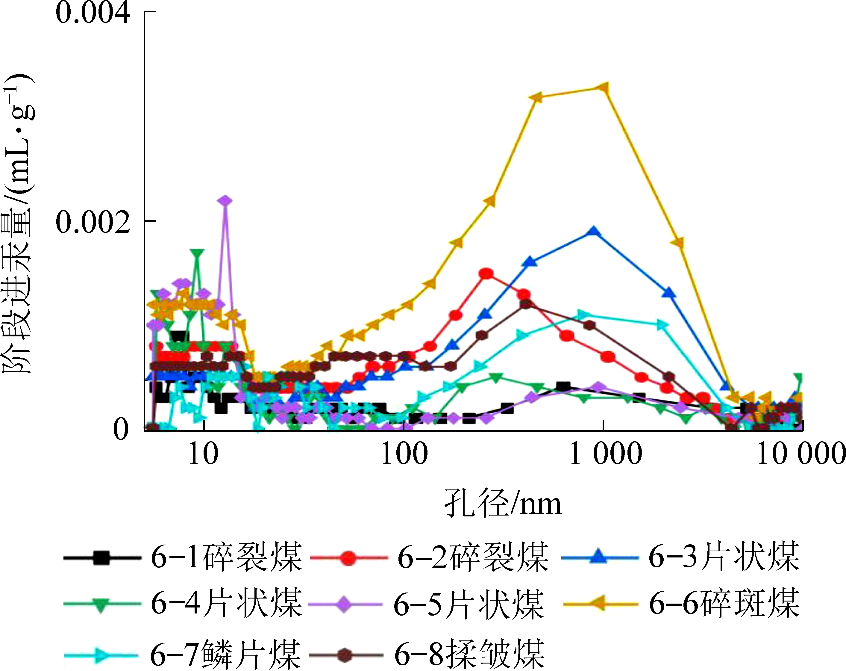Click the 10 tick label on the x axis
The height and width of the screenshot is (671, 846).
[203, 454]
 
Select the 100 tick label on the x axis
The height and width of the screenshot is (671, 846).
[404, 454]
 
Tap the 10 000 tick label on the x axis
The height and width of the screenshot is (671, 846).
[800, 454]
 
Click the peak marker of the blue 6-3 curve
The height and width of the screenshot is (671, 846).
[594, 231]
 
